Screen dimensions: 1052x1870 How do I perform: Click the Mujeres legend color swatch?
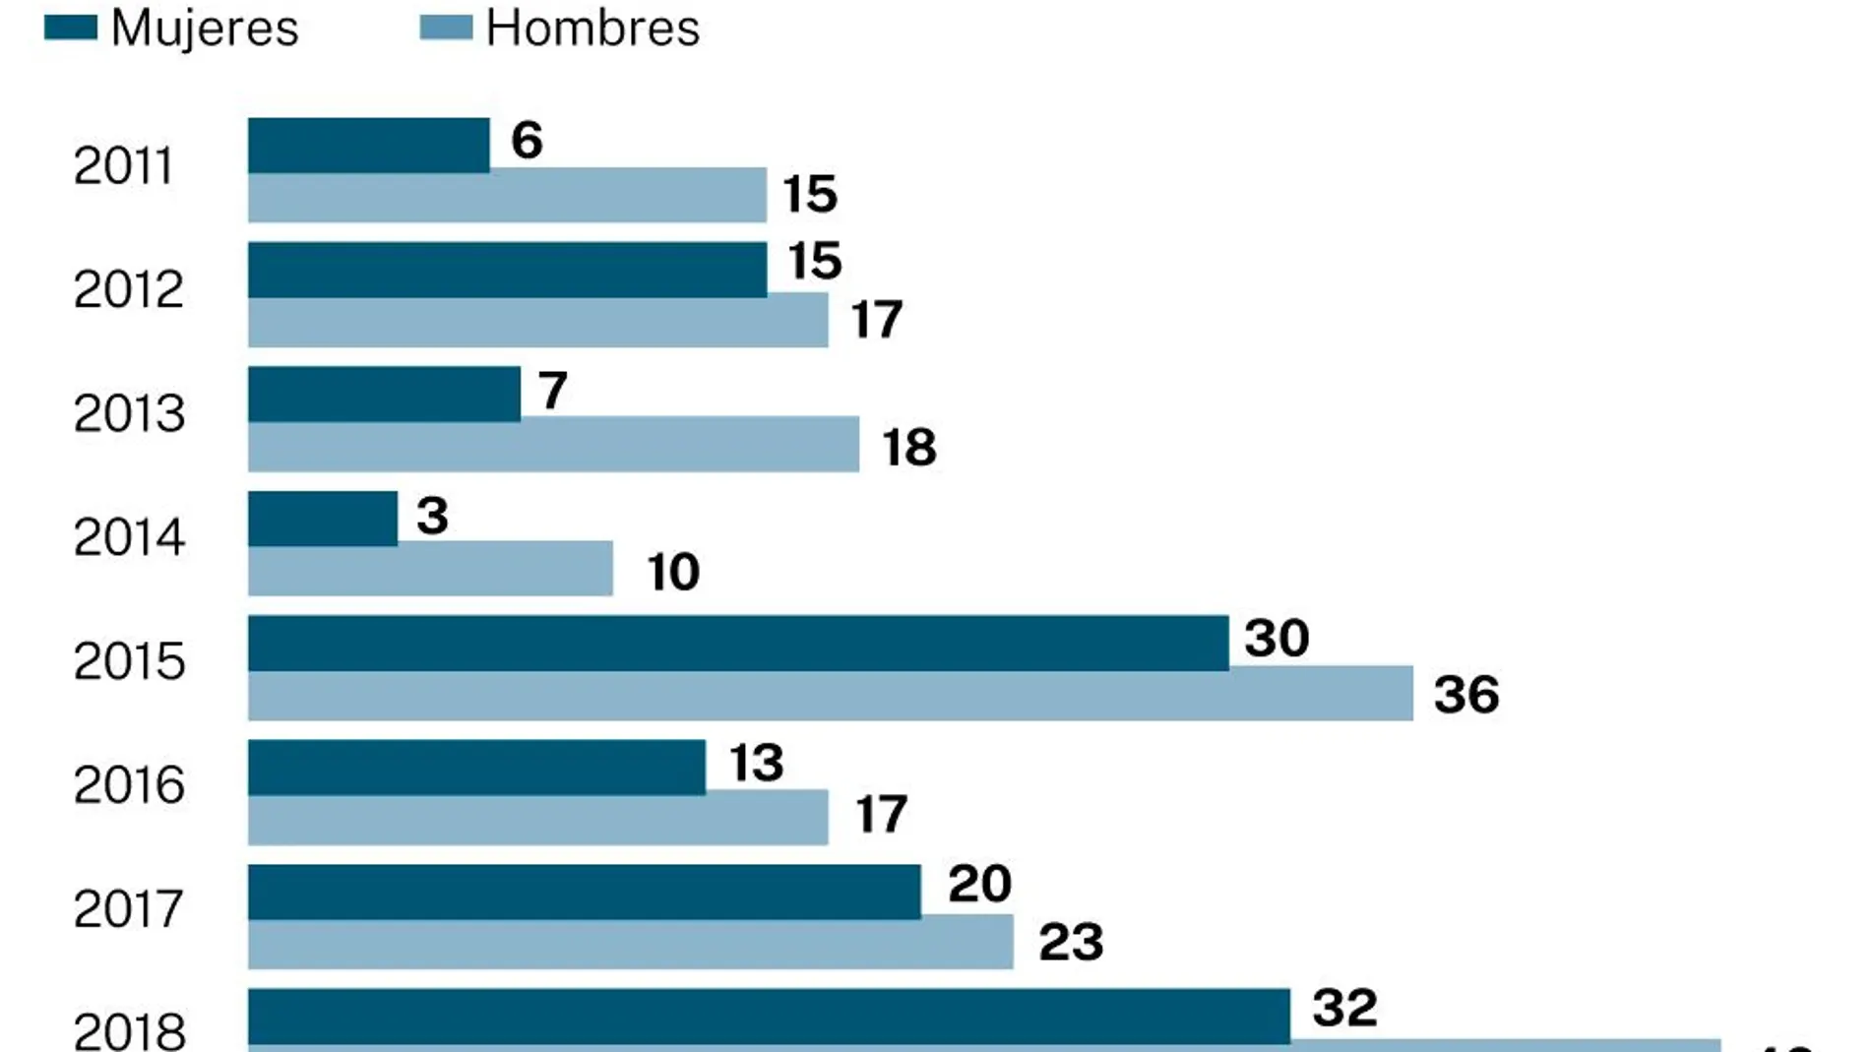tap(71, 28)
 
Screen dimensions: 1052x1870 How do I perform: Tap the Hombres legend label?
tap(592, 28)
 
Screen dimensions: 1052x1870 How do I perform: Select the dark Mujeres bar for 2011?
tap(368, 145)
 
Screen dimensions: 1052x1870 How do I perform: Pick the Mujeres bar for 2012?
tap(507, 270)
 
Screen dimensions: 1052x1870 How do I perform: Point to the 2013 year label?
tap(129, 413)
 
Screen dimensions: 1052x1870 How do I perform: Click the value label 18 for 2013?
tap(908, 448)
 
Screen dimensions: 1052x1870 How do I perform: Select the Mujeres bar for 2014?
tap(322, 518)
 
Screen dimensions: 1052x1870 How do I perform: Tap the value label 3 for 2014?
tap(432, 516)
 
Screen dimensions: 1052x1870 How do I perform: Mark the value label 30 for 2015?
tap(1277, 638)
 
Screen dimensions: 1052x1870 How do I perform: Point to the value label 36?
tap(1465, 695)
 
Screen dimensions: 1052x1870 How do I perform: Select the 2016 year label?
tap(129, 785)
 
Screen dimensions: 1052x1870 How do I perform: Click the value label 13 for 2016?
tap(756, 763)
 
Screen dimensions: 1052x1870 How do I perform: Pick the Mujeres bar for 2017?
tap(584, 891)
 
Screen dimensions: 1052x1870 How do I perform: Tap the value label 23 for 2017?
tap(1071, 942)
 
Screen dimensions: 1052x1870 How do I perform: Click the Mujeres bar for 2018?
tap(769, 1015)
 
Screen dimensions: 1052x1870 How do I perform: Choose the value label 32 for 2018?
tap(1344, 1008)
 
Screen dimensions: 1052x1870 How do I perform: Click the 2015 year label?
tap(129, 661)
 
